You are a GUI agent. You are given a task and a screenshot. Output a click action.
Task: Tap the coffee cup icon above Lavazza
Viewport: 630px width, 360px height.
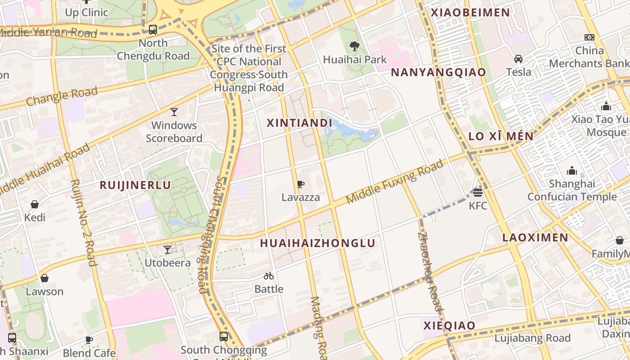300,184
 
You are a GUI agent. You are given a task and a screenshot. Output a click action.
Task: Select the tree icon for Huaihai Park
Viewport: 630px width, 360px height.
355,46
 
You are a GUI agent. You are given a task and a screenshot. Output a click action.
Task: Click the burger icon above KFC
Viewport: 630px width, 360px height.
478,193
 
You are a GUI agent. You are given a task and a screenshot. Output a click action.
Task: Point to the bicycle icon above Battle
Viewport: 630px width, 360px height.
269,276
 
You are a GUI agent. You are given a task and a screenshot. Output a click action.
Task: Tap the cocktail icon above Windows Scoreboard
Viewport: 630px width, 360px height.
174,112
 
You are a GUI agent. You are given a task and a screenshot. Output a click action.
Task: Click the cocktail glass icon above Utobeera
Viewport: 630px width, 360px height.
167,249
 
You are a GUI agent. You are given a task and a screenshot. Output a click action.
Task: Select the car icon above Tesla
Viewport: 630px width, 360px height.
518,59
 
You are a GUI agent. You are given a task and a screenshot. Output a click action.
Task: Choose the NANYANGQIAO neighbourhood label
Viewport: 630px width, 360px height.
438,72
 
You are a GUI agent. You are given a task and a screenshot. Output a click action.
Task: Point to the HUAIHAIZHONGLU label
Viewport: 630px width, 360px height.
318,243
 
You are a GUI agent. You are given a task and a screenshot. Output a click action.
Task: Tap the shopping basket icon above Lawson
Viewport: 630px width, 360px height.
44,278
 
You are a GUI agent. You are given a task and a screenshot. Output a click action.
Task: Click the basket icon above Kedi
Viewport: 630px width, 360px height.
35,204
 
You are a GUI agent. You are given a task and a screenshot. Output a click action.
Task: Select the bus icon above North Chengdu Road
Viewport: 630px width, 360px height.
153,30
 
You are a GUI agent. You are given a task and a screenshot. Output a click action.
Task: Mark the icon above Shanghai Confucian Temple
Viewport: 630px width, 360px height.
572,171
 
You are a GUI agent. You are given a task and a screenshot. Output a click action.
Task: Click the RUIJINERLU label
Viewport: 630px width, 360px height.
135,185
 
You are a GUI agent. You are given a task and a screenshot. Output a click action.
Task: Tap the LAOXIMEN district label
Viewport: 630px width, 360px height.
535,238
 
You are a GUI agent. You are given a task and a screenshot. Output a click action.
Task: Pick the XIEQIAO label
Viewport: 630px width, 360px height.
449,326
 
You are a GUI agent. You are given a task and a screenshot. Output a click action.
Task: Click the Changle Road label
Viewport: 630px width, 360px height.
62,96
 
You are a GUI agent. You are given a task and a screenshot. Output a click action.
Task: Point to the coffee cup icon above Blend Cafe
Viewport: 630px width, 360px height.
89,340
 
